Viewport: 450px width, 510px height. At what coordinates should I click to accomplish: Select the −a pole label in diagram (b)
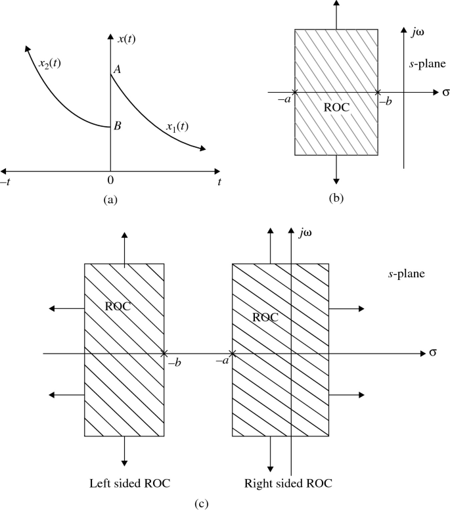pyautogui.click(x=285, y=102)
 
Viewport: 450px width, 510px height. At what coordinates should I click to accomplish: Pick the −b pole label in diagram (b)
pyautogui.click(x=387, y=102)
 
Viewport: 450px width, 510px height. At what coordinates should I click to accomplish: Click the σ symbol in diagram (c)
pyautogui.click(x=434, y=354)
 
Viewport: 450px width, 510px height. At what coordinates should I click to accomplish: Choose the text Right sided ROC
pyautogui.click(x=288, y=484)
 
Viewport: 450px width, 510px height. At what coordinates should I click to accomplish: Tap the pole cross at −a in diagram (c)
pyautogui.click(x=233, y=354)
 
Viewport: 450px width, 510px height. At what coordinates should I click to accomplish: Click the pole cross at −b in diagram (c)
pyautogui.click(x=164, y=354)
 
